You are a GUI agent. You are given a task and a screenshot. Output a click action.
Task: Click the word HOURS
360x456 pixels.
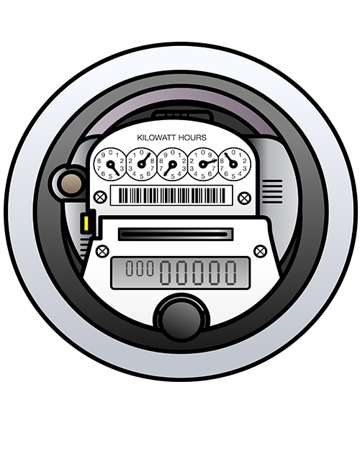pyautogui.click(x=192, y=137)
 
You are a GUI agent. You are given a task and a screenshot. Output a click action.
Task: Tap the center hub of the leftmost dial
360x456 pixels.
pyautogui.click(x=110, y=164)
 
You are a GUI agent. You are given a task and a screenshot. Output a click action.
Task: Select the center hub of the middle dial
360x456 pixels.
pyautogui.click(x=172, y=164)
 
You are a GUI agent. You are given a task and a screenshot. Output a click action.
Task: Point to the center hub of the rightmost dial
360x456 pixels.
pyautogui.click(x=233, y=164)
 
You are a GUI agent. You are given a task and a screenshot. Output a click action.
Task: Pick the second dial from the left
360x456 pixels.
pyautogui.click(x=141, y=164)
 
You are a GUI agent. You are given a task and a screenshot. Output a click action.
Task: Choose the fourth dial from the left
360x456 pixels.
pyautogui.click(x=203, y=164)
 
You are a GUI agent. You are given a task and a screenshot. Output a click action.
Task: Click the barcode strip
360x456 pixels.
pyautogui.click(x=171, y=196)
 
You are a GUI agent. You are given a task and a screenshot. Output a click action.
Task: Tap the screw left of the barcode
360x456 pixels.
pyautogui.click(x=100, y=197)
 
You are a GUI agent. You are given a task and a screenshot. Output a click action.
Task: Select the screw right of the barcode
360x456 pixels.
pyautogui.click(x=244, y=198)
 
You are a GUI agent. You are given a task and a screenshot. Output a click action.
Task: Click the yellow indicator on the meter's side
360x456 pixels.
pyautogui.click(x=86, y=224)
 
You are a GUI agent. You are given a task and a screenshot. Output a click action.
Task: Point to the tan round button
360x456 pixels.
pyautogui.click(x=71, y=184)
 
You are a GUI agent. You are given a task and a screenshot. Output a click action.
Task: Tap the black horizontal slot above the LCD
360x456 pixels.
pyautogui.click(x=176, y=234)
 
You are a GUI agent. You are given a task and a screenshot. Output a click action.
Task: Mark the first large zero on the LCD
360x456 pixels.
pyautogui.click(x=166, y=273)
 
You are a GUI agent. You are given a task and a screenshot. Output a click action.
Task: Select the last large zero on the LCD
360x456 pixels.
pyautogui.click(x=231, y=273)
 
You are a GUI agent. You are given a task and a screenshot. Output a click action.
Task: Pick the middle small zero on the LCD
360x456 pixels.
pyautogui.click(x=140, y=268)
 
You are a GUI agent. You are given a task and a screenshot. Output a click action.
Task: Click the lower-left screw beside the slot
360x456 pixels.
pyautogui.click(x=102, y=252)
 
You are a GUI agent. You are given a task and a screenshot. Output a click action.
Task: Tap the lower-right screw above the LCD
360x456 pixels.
pyautogui.click(x=260, y=252)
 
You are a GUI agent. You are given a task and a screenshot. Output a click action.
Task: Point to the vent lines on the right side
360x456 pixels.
pyautogui.click(x=272, y=191)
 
